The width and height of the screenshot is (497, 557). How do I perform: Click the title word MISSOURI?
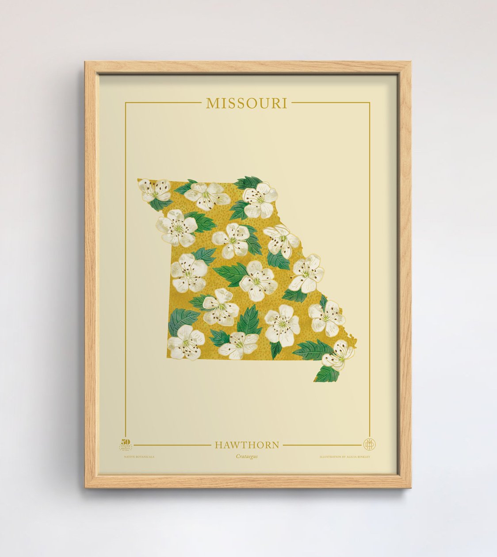pos(247,103)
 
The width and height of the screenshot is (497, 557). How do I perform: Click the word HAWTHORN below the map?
pos(247,445)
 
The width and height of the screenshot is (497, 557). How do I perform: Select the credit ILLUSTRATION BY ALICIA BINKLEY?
pos(345,456)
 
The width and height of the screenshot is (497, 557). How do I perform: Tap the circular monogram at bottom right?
pos(369,444)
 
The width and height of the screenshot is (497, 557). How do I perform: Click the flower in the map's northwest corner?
pos(155,190)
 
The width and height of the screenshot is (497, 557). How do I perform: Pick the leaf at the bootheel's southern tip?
pos(327,374)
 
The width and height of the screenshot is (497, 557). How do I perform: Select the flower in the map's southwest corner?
pos(186,341)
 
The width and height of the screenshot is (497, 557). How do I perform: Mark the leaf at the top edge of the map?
pos(249,182)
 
